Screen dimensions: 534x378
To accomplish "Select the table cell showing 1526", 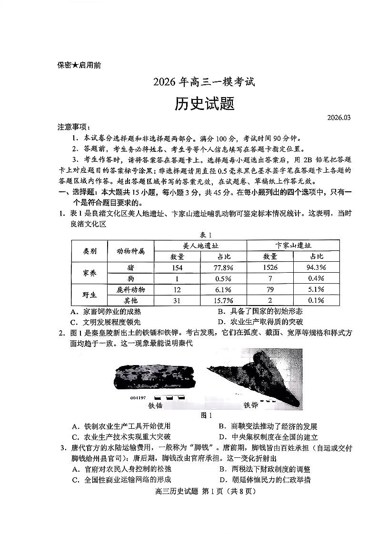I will point(270,267).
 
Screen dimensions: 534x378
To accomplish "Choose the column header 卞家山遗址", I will point(293,246).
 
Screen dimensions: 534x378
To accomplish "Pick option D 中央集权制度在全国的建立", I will point(268,437).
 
